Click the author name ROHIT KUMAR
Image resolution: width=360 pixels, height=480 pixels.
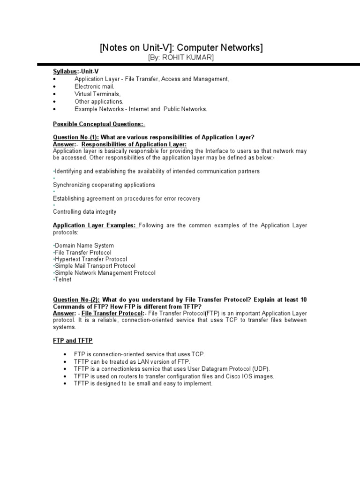185,57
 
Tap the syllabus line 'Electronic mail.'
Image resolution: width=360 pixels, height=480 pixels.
94,87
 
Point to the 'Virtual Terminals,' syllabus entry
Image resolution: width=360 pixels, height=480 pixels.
97,94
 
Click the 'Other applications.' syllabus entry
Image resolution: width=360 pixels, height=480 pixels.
99,102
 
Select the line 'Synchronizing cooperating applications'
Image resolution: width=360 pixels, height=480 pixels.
104,185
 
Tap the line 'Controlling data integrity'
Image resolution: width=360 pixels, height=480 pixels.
84,212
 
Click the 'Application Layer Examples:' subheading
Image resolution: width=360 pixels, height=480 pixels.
95,226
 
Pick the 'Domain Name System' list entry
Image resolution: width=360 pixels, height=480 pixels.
84,246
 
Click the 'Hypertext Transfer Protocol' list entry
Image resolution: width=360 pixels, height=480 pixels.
91,259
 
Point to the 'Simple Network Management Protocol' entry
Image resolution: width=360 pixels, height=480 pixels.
105,273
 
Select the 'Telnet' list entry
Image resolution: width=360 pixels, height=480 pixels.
63,279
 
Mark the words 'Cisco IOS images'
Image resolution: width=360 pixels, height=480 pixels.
250,376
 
